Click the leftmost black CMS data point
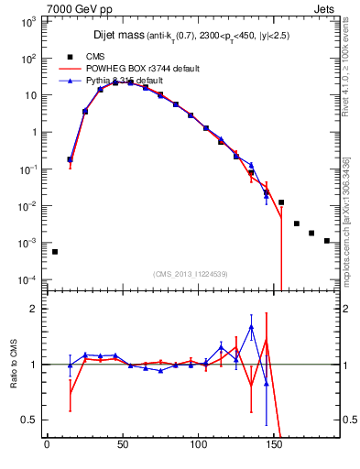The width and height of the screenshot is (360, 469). click(54, 252)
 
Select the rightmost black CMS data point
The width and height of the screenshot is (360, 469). click(327, 241)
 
